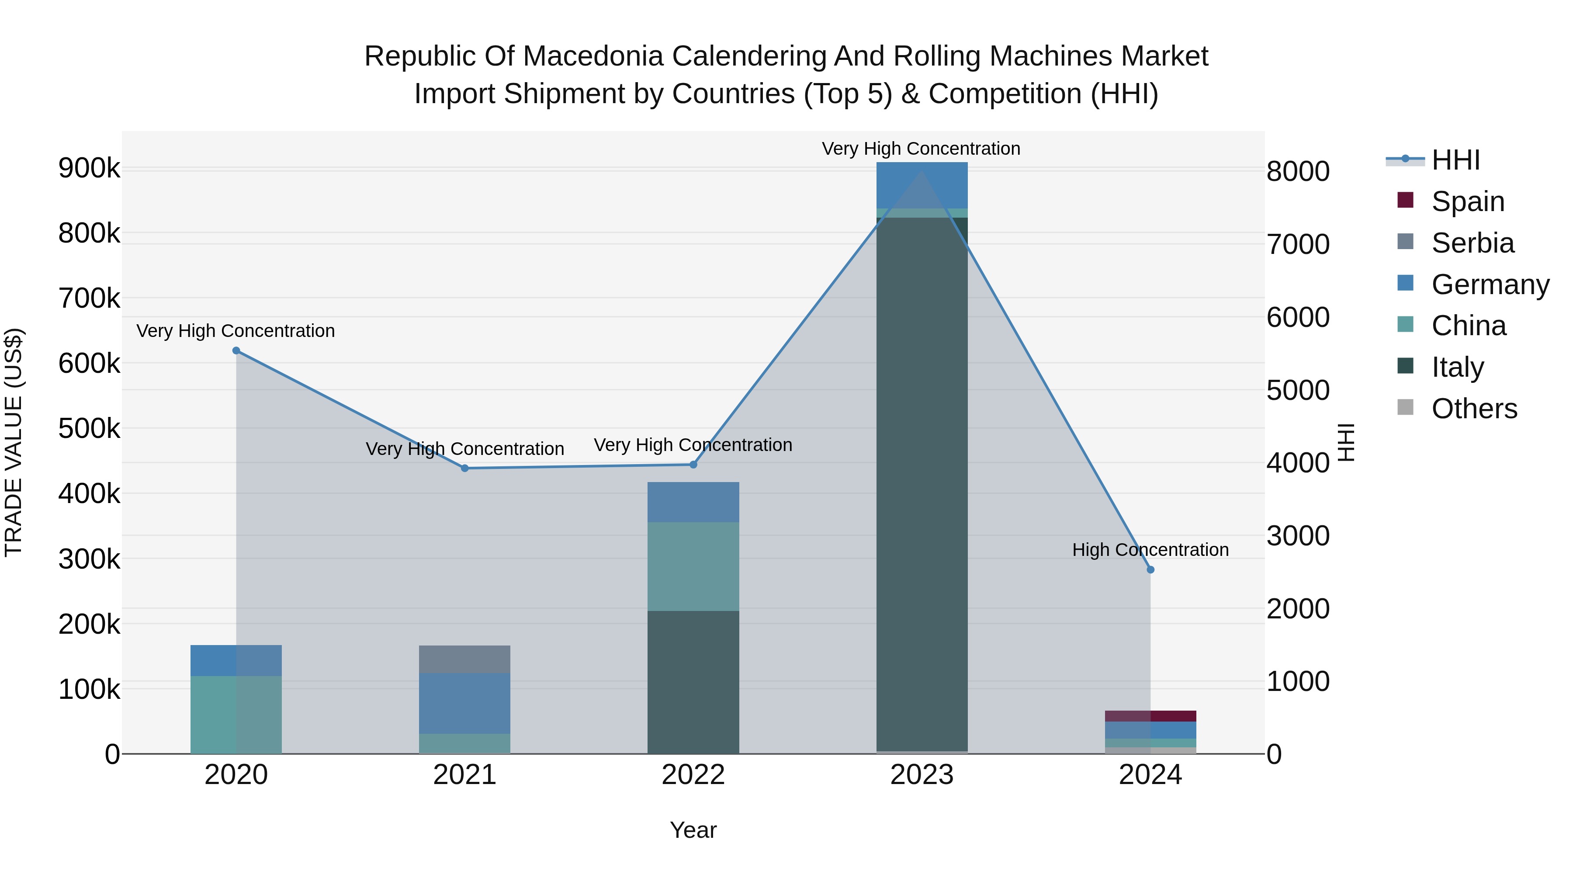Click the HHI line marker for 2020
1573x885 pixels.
tap(236, 351)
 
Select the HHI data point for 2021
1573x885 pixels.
tap(465, 469)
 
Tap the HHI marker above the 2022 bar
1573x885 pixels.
tap(693, 465)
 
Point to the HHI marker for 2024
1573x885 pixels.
tap(1150, 570)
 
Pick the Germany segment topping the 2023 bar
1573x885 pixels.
tap(922, 185)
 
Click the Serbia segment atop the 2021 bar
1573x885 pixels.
tap(465, 659)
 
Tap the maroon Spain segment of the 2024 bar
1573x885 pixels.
tap(1150, 716)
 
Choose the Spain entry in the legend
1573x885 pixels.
tap(1467, 201)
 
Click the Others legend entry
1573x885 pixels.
tap(1473, 409)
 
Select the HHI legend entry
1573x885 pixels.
tap(1455, 160)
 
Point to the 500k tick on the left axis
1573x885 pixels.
tap(89, 429)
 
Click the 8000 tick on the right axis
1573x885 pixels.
tap(1298, 172)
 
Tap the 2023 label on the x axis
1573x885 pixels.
tap(922, 775)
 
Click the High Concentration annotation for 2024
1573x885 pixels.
tap(1150, 550)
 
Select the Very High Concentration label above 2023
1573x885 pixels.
tap(921, 149)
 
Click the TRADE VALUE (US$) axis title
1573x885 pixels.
tap(14, 442)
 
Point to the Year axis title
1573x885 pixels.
tap(693, 830)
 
